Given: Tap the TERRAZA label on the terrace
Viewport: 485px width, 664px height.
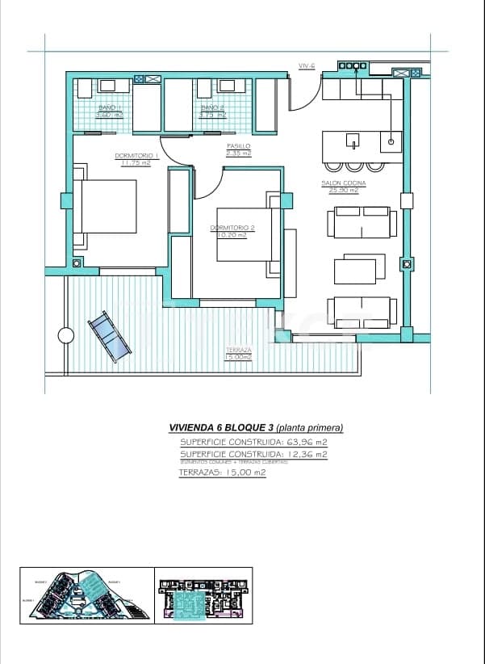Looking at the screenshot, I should (238, 351).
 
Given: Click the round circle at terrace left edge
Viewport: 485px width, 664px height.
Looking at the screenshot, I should (65, 335).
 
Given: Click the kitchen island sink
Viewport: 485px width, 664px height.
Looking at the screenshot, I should (353, 143).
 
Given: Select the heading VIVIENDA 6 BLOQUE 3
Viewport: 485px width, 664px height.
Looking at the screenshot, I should (221, 427).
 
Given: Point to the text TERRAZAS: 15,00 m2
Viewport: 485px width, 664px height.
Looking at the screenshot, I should (222, 473).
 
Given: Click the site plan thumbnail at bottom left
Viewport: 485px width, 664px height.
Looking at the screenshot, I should (86, 596).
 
